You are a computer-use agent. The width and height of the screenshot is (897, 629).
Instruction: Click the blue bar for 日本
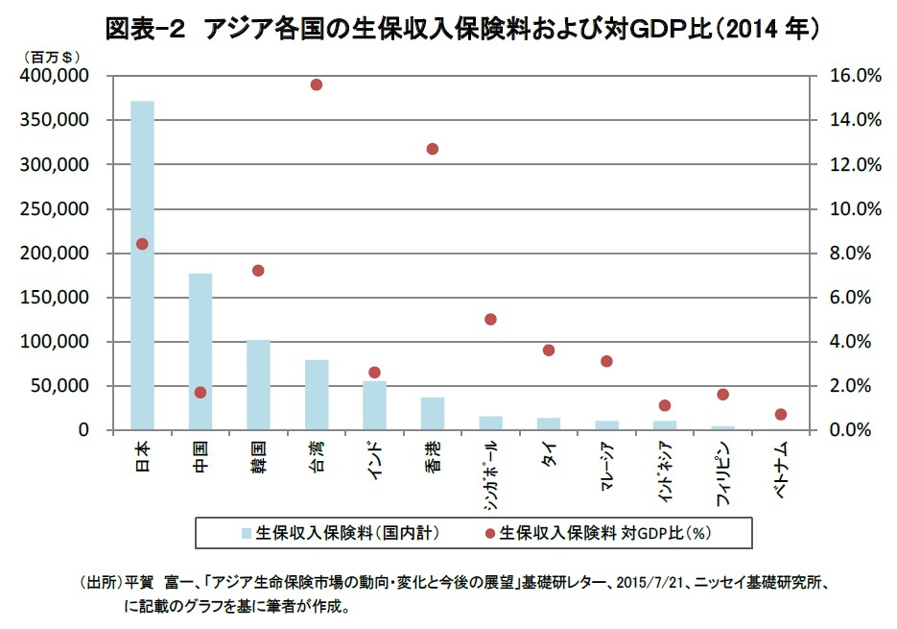point(142,265)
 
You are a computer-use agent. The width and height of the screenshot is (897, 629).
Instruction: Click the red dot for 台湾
point(316,85)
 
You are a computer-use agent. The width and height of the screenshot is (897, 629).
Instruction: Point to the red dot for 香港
point(432,149)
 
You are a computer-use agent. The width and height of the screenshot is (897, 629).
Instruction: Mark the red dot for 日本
point(142,244)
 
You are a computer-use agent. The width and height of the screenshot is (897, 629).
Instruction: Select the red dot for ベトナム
point(781,414)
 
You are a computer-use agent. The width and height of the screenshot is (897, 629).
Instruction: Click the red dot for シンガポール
point(490,319)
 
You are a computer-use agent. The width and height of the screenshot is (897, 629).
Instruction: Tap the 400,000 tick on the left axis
point(59,76)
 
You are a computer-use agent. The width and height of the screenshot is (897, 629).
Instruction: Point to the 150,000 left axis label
point(59,298)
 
